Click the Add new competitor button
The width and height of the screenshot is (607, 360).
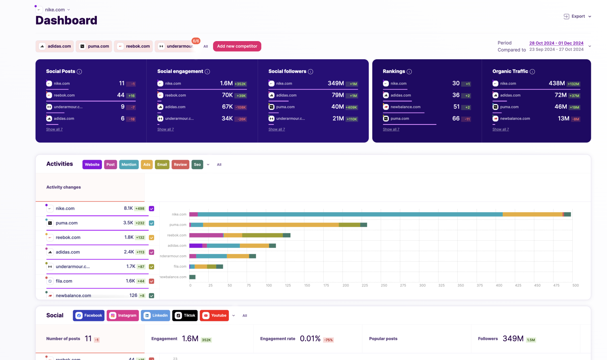click(x=237, y=46)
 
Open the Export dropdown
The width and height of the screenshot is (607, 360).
click(x=577, y=17)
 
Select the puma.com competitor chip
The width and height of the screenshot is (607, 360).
click(x=94, y=46)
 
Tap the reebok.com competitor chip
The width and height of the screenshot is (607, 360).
click(x=134, y=46)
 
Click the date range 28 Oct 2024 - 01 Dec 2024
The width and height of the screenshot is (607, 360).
click(x=556, y=43)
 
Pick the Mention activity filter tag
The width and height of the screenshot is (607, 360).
click(x=129, y=164)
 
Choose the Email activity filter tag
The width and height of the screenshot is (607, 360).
click(x=162, y=164)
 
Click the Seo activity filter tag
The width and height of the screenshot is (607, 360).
click(x=197, y=164)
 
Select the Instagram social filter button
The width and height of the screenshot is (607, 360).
click(x=123, y=315)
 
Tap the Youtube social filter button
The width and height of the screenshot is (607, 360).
click(x=214, y=315)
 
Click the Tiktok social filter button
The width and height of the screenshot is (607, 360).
click(x=185, y=315)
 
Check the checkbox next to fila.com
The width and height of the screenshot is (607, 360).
click(x=151, y=281)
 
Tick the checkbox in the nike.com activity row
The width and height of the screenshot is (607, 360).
click(x=151, y=209)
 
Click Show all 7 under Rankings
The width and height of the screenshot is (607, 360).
click(x=391, y=129)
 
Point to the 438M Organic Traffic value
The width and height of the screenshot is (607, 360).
click(x=556, y=83)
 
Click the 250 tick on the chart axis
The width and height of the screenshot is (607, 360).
click(x=384, y=285)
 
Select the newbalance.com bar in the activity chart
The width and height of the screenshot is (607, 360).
click(x=192, y=277)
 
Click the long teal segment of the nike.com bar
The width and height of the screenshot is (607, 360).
click(x=350, y=214)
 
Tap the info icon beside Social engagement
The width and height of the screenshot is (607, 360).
click(x=207, y=72)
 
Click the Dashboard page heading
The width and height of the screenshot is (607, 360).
click(x=66, y=21)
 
